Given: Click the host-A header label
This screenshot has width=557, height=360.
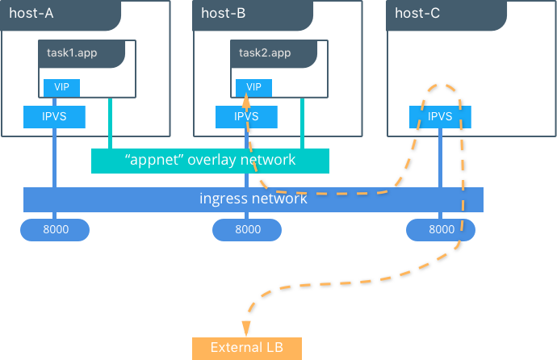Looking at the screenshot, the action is tap(31, 14).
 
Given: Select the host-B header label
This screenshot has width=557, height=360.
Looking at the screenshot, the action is tap(224, 14).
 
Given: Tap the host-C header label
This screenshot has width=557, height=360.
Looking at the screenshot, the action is tap(417, 14).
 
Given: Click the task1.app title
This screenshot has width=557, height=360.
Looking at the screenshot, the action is tap(72, 53).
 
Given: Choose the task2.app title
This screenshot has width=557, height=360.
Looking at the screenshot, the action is tap(265, 53).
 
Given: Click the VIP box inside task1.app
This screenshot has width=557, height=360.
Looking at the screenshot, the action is tap(61, 88).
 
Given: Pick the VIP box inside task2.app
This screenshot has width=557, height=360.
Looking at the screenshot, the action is tap(253, 88).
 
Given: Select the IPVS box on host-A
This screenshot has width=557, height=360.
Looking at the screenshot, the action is tap(54, 117).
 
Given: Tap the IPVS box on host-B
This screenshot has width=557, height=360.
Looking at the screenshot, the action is tap(246, 117).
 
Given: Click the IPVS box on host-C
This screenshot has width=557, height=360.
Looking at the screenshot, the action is tap(440, 117).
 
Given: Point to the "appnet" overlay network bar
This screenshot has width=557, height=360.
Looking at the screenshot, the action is tap(211, 161).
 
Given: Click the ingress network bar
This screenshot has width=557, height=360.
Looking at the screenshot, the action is tap(253, 199).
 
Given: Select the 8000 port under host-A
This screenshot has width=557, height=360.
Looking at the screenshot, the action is tap(55, 230).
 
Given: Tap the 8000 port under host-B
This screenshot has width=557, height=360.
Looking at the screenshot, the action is tap(247, 230).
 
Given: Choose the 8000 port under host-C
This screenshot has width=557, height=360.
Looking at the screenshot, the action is tap(441, 230).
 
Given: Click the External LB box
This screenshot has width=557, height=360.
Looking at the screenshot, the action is tap(247, 348).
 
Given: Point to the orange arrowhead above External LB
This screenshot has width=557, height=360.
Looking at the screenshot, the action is tap(246, 329).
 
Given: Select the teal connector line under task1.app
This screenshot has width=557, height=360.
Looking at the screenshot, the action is tap(110, 123).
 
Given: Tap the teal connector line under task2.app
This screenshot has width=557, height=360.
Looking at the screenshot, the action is tap(302, 123).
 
